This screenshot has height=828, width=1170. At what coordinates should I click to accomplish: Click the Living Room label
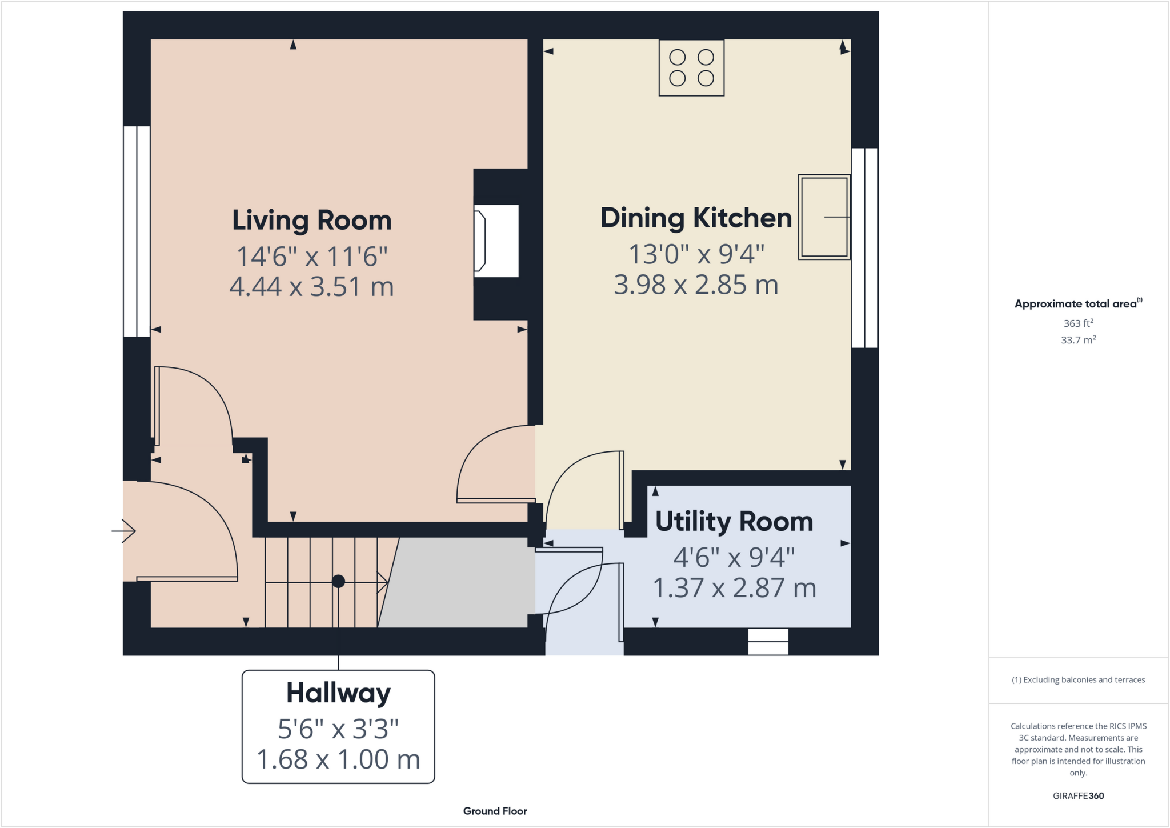coord(311,221)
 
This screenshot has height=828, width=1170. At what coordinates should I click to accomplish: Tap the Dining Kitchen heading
coord(695,218)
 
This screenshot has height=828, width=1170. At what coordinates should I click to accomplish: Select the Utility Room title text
coord(734,522)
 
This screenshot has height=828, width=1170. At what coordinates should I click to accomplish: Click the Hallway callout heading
coord(338,693)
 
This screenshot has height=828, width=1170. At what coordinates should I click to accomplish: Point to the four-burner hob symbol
coord(691,67)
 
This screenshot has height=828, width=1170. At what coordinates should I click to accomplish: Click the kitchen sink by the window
coord(823,217)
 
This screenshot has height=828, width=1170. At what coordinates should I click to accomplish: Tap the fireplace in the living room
coord(495,241)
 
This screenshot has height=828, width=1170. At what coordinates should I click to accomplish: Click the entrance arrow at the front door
coord(124,531)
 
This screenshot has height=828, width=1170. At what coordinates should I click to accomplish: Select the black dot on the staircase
coord(338,581)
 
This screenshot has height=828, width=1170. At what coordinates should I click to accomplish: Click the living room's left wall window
coord(137,231)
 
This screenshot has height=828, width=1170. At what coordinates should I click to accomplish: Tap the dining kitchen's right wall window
coord(864,247)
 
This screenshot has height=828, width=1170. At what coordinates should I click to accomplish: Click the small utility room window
coord(768,641)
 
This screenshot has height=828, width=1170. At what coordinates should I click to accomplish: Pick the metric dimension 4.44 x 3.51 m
coord(311,287)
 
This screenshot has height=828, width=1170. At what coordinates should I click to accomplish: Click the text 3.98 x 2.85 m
coord(695,285)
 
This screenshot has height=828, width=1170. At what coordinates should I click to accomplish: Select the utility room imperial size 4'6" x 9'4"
coord(734,557)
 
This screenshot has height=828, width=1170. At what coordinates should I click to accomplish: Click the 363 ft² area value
coord(1078,323)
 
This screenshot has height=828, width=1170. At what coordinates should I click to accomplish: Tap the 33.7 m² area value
coord(1078,340)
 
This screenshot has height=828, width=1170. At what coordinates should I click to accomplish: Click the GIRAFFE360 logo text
coord(1078,795)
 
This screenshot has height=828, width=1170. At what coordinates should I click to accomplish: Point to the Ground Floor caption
coord(495,811)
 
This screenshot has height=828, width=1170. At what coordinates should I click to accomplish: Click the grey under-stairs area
coord(457,583)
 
